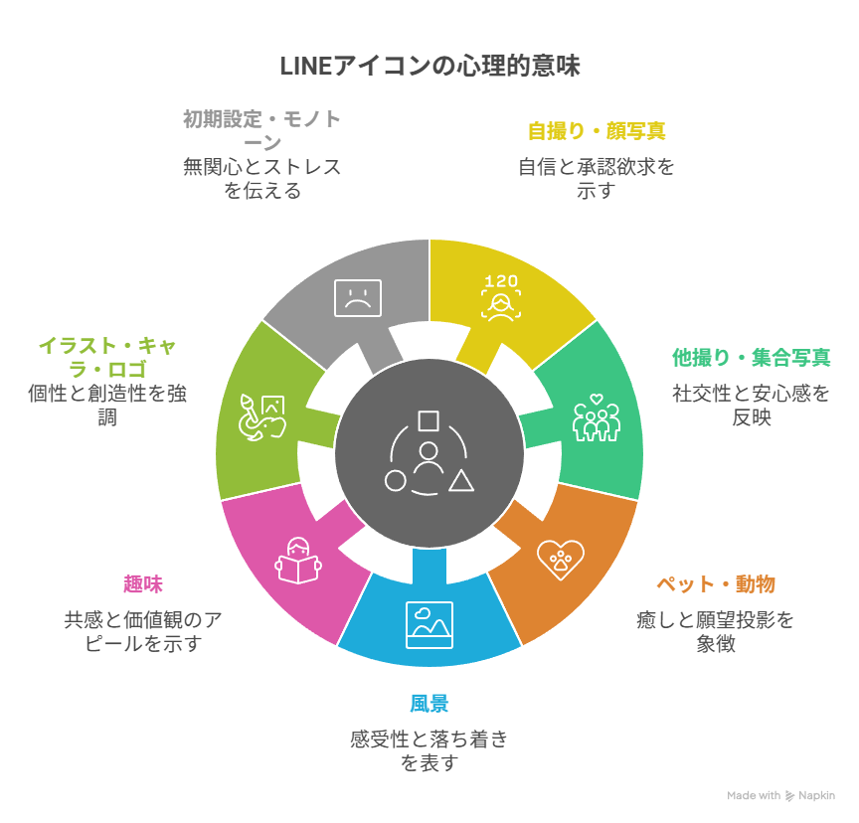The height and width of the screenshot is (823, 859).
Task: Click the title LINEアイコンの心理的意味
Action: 429,67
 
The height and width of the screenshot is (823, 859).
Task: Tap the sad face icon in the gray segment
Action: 357,295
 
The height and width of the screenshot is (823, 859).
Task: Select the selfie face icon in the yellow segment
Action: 501,296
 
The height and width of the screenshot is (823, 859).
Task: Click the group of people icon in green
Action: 596,418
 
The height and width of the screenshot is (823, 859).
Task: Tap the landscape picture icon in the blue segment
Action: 429,624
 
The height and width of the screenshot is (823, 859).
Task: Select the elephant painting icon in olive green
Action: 261,417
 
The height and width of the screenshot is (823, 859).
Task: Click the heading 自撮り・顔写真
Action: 597,131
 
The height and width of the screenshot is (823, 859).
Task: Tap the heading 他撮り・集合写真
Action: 751,357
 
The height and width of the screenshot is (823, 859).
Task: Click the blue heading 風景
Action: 429,704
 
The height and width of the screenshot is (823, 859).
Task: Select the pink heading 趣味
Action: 143,583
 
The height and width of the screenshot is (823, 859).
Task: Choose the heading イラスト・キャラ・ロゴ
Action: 107,357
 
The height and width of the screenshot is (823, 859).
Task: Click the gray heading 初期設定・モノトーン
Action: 262,130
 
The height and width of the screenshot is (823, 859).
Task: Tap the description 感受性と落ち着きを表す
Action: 429,750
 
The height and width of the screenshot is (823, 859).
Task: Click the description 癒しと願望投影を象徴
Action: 716,631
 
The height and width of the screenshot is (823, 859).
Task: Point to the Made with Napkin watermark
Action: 781,795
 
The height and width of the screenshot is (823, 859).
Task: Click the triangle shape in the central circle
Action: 460,481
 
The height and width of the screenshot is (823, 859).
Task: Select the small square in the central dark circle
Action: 429,420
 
